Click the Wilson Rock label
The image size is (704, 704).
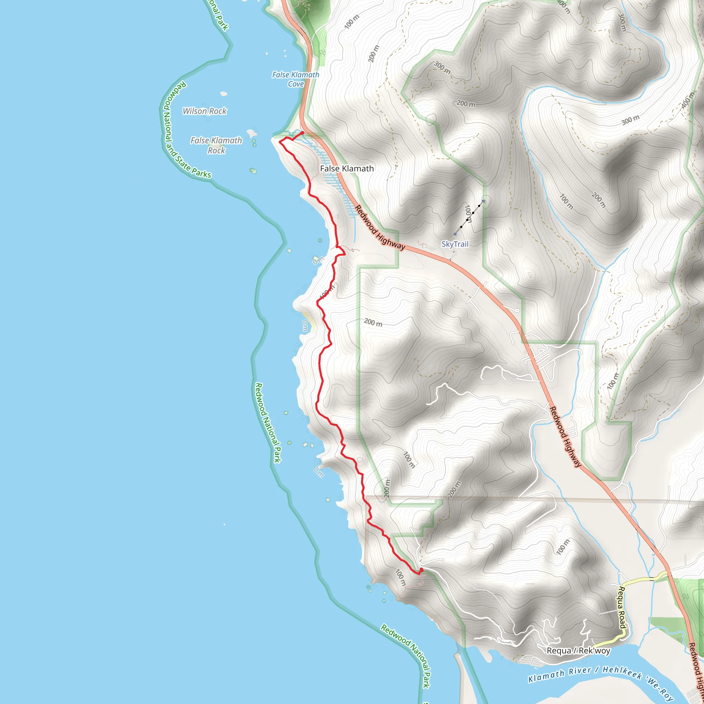[x=205, y=111]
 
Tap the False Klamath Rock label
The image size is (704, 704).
[x=216, y=145]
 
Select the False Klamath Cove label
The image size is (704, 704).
[x=296, y=79]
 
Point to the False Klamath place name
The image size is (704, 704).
[x=346, y=168]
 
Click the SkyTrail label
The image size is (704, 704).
[x=455, y=244]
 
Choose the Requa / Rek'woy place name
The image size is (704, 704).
[x=578, y=650]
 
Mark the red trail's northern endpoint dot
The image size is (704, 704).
[x=302, y=133]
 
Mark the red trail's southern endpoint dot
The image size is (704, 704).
[x=421, y=570]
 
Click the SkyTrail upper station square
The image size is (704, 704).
[x=483, y=201]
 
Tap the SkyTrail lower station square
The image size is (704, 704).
[x=455, y=234]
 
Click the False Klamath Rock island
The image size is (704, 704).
[x=251, y=133]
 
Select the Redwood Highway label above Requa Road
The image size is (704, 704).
[x=565, y=437]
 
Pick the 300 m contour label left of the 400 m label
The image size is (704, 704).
[x=630, y=120]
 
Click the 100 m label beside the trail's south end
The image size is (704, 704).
[x=400, y=577]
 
